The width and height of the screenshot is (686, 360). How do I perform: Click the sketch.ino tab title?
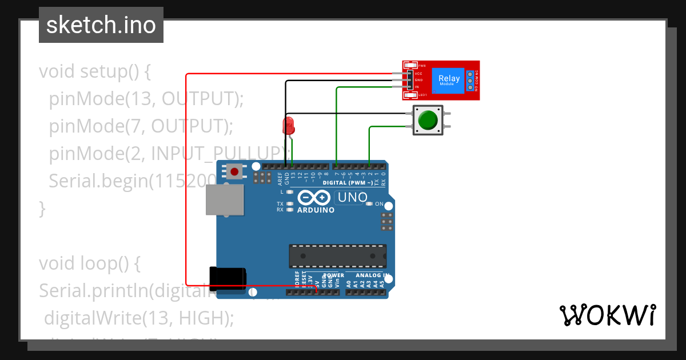[101, 25]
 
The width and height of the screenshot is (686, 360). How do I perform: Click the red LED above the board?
[289, 125]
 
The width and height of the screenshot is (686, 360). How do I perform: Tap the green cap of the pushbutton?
[428, 120]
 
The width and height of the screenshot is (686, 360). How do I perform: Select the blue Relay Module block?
[449, 80]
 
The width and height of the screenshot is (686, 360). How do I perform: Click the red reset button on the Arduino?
[234, 170]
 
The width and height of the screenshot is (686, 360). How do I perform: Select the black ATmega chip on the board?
[337, 256]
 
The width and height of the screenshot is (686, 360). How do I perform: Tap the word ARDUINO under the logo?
[316, 210]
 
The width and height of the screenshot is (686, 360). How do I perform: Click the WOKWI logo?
[607, 315]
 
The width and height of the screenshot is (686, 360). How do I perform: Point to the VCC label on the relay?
[418, 74]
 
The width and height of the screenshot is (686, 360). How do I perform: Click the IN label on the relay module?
[417, 86]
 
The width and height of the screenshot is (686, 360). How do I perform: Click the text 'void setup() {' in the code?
[94, 72]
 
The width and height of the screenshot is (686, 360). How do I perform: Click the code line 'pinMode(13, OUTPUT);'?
[146, 99]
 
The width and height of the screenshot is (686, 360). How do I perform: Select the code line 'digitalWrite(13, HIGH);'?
[139, 317]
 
